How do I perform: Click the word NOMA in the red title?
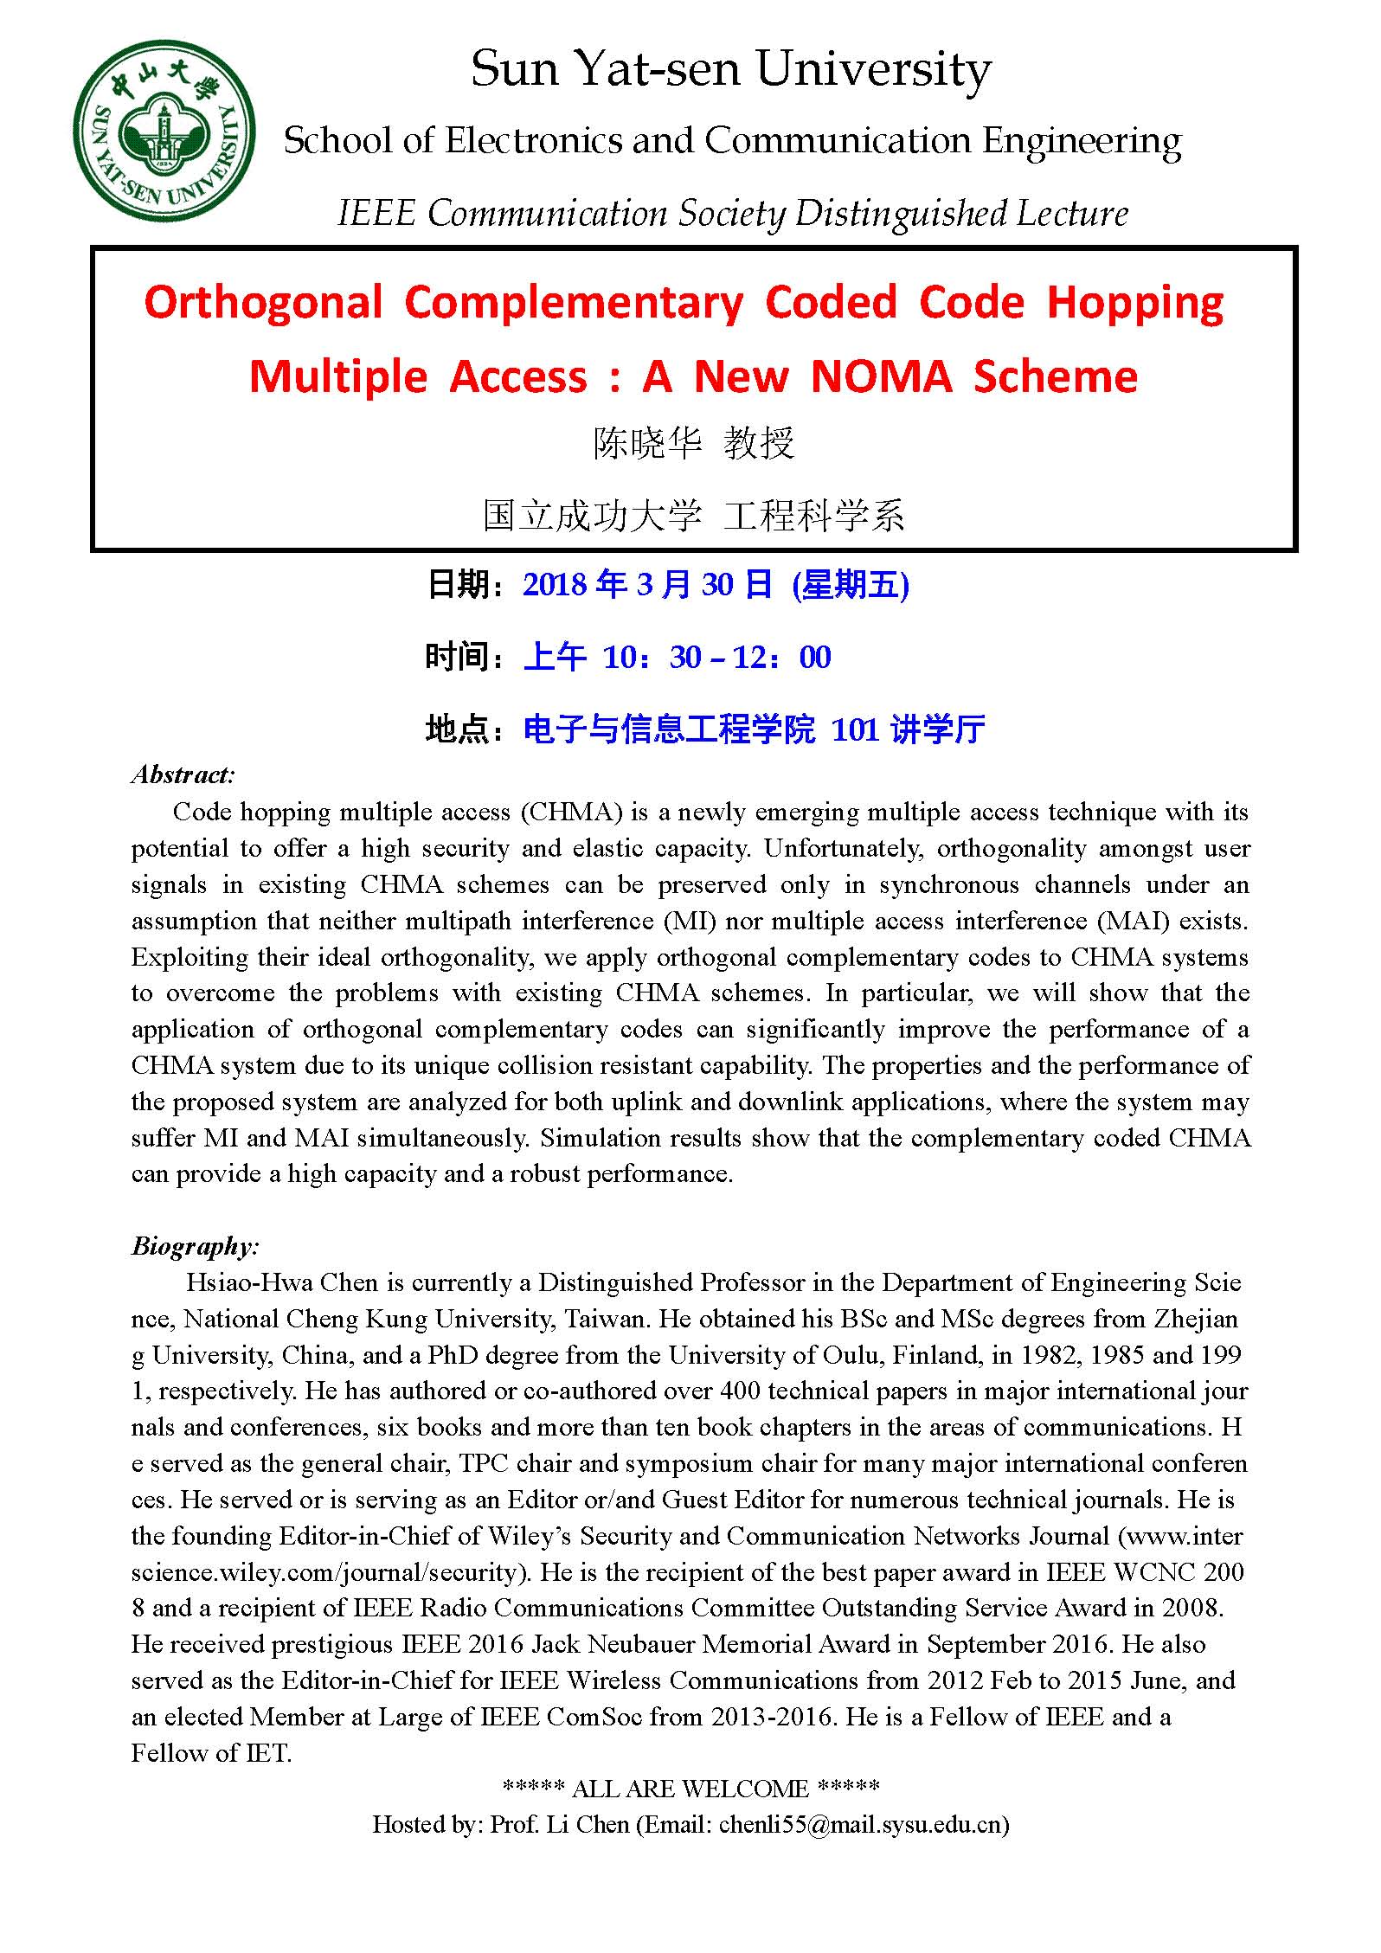coord(881,377)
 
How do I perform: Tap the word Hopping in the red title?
coord(1135,304)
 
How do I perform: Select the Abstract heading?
coord(183,774)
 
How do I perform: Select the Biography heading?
coord(196,1246)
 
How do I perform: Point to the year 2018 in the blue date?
coord(556,586)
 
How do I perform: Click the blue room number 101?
coord(855,730)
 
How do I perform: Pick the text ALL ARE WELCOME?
coord(690,1788)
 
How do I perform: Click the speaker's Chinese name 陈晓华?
coord(648,444)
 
